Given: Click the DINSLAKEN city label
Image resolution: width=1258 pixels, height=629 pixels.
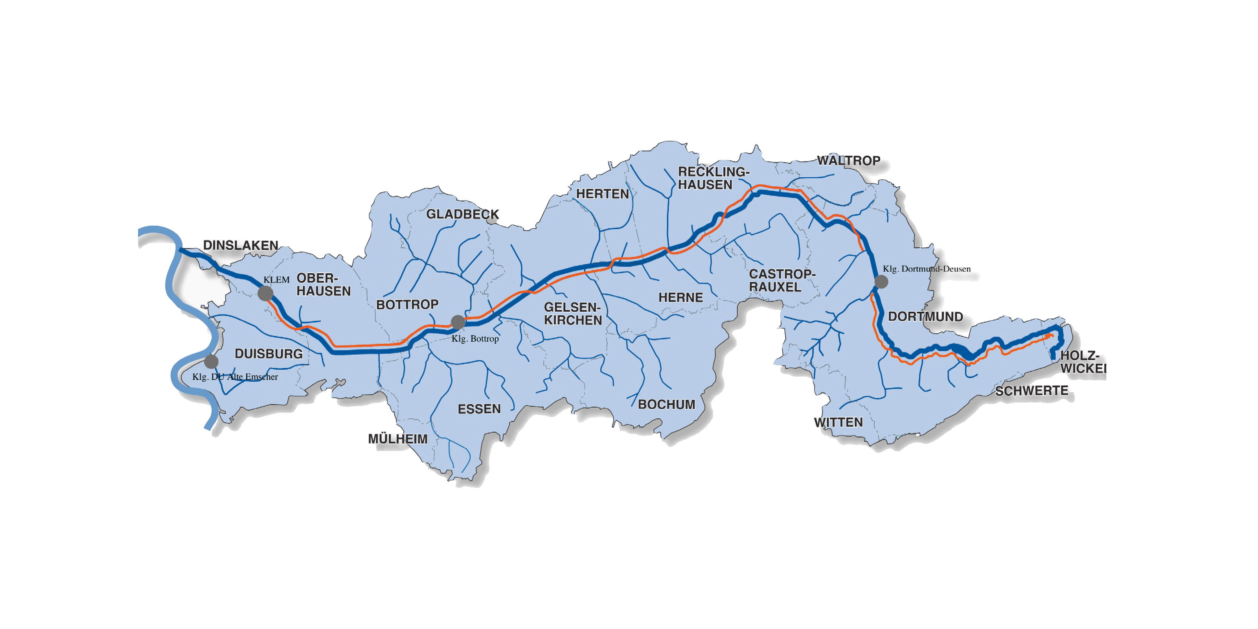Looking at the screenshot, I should click(240, 245).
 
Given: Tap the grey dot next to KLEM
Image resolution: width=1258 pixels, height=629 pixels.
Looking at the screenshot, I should click(265, 294).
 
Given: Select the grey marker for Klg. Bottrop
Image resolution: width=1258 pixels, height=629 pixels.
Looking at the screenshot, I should click(458, 322).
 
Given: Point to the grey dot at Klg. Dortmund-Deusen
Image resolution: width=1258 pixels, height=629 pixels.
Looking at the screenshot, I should click(881, 282).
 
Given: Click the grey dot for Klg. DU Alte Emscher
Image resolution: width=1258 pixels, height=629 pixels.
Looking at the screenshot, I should click(211, 361).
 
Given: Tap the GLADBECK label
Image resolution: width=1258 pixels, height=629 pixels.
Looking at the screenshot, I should click(462, 214).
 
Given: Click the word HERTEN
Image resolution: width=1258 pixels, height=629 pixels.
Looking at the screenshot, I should click(603, 194).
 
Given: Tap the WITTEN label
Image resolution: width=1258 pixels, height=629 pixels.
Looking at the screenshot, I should click(839, 423).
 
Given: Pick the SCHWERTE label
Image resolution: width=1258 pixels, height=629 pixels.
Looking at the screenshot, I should click(1032, 391).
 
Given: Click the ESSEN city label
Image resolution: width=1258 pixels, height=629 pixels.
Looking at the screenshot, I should click(479, 409).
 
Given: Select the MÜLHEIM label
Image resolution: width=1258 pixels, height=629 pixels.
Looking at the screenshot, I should click(397, 439).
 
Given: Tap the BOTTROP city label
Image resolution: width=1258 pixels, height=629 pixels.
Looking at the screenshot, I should click(407, 305).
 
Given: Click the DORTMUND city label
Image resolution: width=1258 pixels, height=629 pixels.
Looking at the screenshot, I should click(925, 316).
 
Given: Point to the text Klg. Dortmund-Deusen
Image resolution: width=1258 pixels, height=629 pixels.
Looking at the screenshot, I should click(927, 269).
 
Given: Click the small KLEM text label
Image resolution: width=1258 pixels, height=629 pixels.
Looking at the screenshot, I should click(276, 280).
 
